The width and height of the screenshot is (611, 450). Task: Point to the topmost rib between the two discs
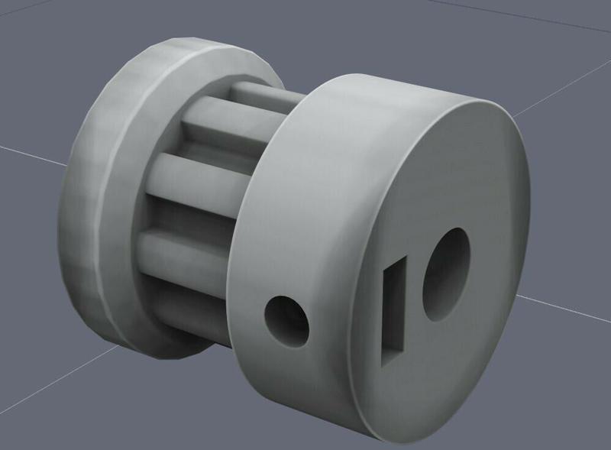pos(263,96)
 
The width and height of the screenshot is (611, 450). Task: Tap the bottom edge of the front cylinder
pos(359,432)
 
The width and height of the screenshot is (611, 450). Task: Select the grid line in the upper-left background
pos(31,153)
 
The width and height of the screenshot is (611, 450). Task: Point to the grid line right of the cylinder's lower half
pos(565,306)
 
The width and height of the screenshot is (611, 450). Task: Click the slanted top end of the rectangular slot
pos(398,263)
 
